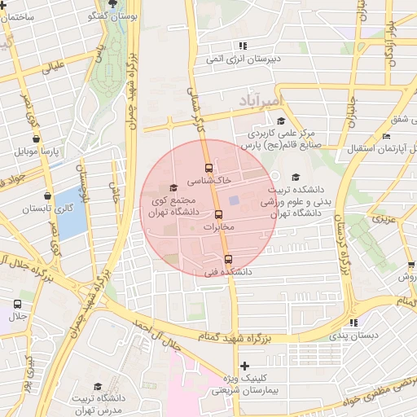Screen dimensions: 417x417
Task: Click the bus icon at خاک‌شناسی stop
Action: click(x=208, y=167)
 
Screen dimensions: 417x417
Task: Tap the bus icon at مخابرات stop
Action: click(x=217, y=215)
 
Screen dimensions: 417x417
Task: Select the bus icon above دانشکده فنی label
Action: click(x=227, y=259)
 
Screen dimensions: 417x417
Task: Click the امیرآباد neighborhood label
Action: click(x=260, y=100)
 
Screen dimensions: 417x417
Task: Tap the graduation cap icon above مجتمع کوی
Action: click(x=173, y=188)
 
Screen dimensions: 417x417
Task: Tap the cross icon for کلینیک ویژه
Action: click(x=244, y=366)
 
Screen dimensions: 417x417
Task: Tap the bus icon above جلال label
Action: click(x=18, y=304)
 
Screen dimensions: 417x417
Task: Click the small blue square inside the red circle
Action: click(x=234, y=200)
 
